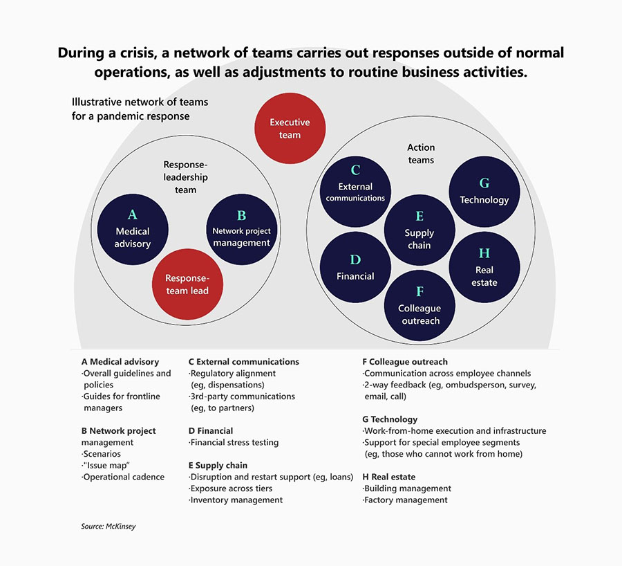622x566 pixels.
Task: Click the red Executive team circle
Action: (x=290, y=128)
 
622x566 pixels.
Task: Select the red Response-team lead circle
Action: (x=187, y=284)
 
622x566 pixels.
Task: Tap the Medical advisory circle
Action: (x=133, y=230)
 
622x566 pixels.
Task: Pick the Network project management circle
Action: (x=242, y=230)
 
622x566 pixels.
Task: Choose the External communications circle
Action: (x=355, y=192)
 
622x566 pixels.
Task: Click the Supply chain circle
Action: (x=420, y=230)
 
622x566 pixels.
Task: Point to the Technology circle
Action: (x=484, y=192)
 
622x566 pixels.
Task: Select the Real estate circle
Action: (x=484, y=267)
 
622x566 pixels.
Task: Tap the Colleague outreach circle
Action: (x=420, y=305)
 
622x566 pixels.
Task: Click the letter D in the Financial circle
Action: (x=355, y=259)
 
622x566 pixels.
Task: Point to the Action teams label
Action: (x=421, y=154)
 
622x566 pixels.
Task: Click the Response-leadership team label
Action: (x=186, y=177)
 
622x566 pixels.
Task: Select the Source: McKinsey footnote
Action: (x=109, y=527)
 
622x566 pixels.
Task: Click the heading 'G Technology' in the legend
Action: (x=390, y=419)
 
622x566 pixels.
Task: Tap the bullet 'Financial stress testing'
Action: (x=234, y=442)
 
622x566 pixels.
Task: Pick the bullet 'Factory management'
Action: (x=405, y=500)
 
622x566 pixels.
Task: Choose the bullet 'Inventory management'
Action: (x=236, y=500)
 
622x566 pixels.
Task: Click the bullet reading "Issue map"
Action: (x=106, y=466)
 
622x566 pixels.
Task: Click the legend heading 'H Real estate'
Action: (x=388, y=477)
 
